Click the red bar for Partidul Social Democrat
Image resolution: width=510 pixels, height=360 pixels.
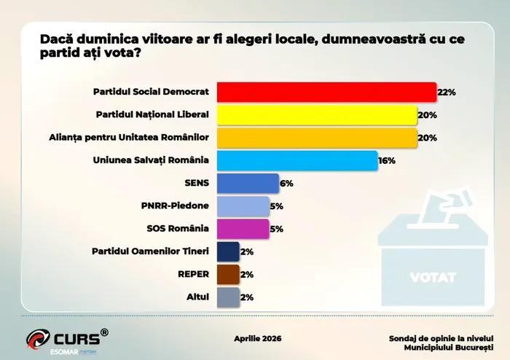click(326, 93)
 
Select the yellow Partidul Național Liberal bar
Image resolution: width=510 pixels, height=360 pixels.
click(317, 115)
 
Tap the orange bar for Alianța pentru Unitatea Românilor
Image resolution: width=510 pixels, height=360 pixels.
click(317, 138)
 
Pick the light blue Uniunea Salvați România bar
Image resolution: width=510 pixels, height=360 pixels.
click(297, 160)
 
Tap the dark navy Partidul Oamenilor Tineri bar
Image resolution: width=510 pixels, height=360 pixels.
click(228, 251)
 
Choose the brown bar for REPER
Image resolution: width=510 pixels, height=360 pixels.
click(228, 274)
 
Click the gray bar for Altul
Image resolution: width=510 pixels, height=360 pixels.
click(228, 297)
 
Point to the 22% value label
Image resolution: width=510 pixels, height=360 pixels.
click(447, 93)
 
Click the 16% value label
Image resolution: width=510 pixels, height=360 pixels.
click(387, 160)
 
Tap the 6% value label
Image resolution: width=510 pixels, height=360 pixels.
click(286, 184)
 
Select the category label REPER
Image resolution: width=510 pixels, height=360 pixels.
click(193, 274)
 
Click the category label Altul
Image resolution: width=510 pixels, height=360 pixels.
click(197, 297)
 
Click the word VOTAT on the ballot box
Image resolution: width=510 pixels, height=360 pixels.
click(433, 278)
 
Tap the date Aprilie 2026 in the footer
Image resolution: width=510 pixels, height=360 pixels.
click(257, 339)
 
